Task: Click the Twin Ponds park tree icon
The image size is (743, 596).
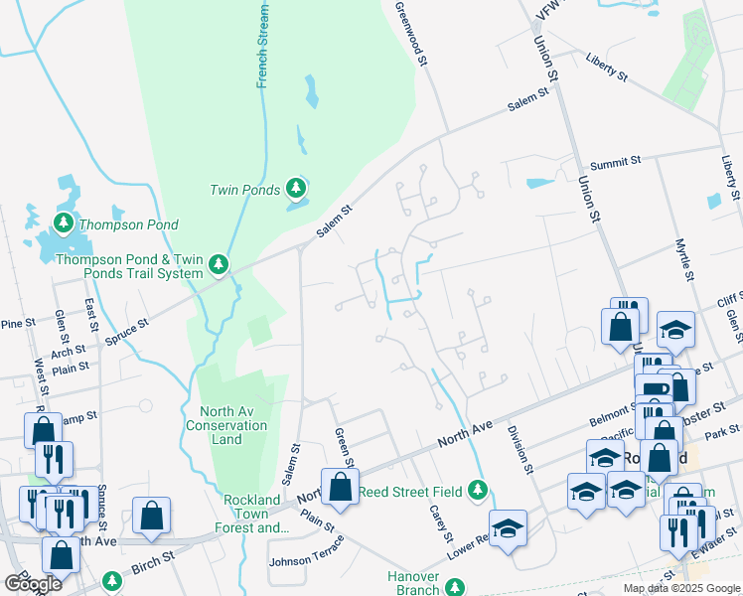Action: [x=294, y=187]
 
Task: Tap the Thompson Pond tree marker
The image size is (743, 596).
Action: [x=64, y=223]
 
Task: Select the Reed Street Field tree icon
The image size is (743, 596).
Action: [x=478, y=490]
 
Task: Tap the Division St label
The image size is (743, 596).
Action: [x=520, y=449]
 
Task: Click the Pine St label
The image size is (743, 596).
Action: [x=18, y=324]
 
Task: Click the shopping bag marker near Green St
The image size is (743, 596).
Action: [x=340, y=487]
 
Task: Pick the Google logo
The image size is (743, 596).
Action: [x=32, y=584]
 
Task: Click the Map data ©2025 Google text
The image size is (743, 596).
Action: [x=680, y=588]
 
